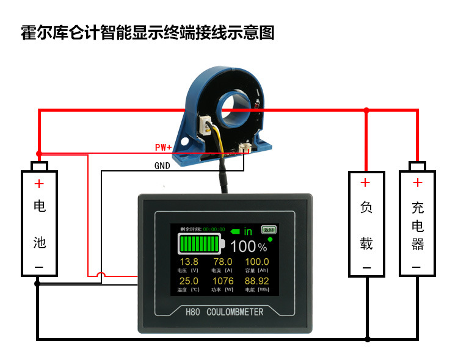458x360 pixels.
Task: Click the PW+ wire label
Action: tap(163, 148)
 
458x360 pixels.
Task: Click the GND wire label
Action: tap(162, 165)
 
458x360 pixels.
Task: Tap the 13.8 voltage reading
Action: tap(188, 262)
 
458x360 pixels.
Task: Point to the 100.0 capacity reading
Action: tap(256, 262)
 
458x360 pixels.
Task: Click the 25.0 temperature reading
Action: tap(188, 281)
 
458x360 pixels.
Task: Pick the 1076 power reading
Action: tap(222, 281)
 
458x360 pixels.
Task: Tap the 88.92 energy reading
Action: tap(256, 281)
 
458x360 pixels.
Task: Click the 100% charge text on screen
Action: tap(249, 247)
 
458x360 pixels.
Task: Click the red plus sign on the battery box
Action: tap(39, 184)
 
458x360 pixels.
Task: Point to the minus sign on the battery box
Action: tap(39, 267)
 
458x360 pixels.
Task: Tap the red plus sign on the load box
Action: tap(365, 182)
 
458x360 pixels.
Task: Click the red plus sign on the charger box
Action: tap(417, 182)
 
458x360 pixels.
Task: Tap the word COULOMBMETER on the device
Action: tap(235, 312)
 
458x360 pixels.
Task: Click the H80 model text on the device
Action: tap(193, 312)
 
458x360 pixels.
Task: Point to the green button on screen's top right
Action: tap(268, 229)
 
